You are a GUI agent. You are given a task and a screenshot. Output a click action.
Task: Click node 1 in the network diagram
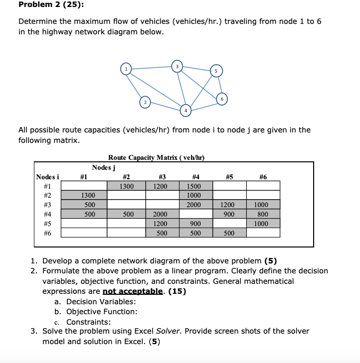[x=127, y=68]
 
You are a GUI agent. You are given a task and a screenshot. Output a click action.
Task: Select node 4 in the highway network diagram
[x=185, y=109]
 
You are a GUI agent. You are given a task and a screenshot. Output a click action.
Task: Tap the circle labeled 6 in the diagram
[x=222, y=99]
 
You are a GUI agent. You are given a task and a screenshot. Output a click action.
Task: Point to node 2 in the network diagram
[x=144, y=102]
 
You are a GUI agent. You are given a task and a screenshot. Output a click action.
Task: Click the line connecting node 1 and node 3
[x=152, y=67]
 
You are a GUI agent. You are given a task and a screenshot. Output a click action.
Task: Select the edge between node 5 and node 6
[x=219, y=86]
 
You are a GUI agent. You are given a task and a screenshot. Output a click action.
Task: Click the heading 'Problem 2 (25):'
[x=44, y=6]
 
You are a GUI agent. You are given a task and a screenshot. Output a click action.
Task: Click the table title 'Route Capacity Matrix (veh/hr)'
[x=157, y=157]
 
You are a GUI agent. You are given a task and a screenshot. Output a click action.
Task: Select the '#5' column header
[x=229, y=176]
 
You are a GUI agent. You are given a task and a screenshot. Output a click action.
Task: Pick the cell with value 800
[x=263, y=214]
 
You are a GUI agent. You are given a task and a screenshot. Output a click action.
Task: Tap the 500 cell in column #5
[x=229, y=233]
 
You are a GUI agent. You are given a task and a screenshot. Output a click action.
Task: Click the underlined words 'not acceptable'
[x=133, y=291]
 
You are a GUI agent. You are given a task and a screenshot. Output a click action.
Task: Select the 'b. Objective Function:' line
[x=95, y=312]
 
